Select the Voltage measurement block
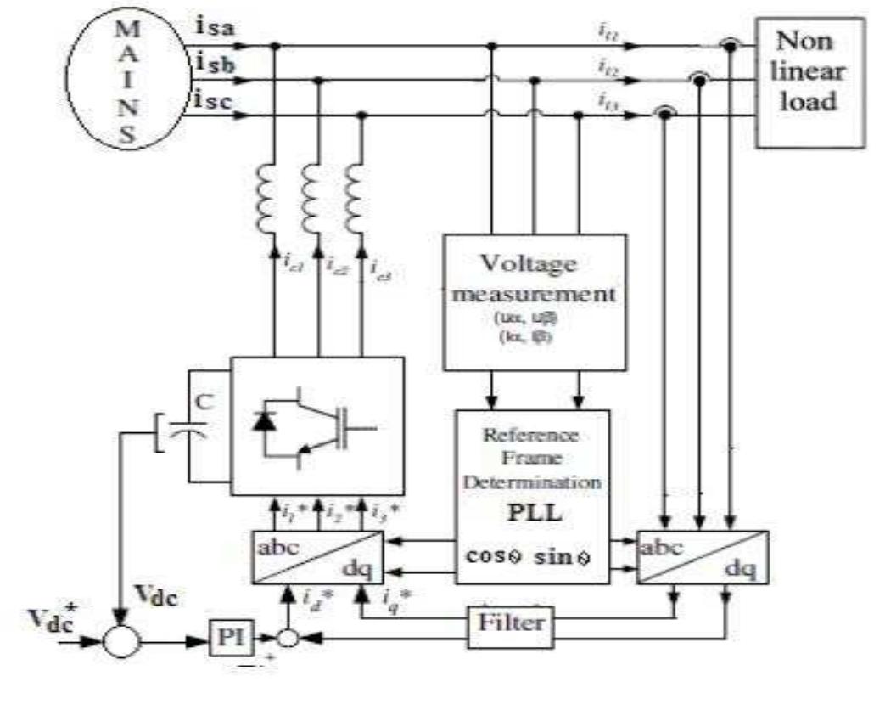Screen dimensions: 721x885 point(535,302)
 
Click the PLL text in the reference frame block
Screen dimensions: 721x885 point(531,515)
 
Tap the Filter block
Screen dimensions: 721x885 point(510,623)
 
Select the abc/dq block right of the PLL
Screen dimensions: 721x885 point(703,557)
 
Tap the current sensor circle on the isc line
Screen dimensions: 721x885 point(664,113)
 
